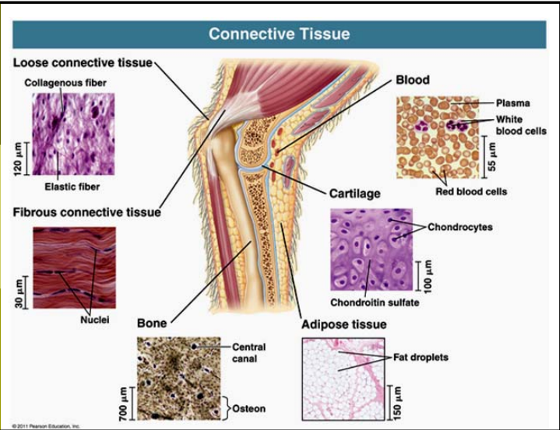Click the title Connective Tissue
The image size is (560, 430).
coord(279,33)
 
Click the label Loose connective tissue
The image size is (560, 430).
coord(83,62)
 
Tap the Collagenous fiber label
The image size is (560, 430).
coord(65,82)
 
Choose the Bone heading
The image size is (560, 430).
coord(151,323)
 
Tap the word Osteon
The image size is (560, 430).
coord(248,408)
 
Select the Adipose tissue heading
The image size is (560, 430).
coord(343,324)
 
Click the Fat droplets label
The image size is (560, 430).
coord(421,358)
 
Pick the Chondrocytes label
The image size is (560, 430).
coord(460,228)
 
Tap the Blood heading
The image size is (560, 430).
coord(412,80)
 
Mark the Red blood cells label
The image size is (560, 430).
coord(470,191)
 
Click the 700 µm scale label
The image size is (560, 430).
coord(123,404)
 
